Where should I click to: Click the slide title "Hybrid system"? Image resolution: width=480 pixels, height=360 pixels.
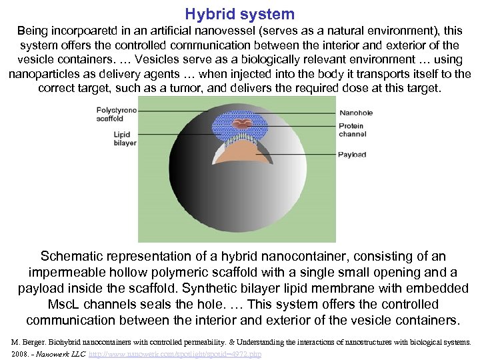pos(239,14)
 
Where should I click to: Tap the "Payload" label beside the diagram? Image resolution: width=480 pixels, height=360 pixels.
pos(351,155)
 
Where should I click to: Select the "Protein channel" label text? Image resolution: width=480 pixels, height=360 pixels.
pos(351,129)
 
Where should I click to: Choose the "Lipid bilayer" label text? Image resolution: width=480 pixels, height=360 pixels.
pos(125,138)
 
